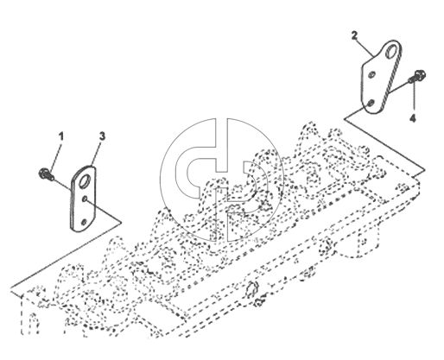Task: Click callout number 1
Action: (x=60, y=136)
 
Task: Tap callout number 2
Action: (x=354, y=36)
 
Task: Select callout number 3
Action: (x=102, y=136)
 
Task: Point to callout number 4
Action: (x=413, y=118)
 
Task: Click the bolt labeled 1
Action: (x=46, y=174)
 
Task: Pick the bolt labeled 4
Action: (x=417, y=76)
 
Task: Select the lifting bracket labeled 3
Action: (x=83, y=199)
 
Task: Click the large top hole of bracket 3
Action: (x=86, y=181)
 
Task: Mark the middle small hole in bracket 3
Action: (x=85, y=199)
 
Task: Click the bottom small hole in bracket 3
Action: (x=84, y=222)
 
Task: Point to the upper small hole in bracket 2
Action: (x=371, y=74)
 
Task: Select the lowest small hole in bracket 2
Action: (x=371, y=103)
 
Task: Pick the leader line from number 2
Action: (x=365, y=47)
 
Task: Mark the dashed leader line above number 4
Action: (x=414, y=97)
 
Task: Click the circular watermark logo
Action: (x=222, y=180)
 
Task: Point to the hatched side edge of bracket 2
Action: (x=392, y=78)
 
